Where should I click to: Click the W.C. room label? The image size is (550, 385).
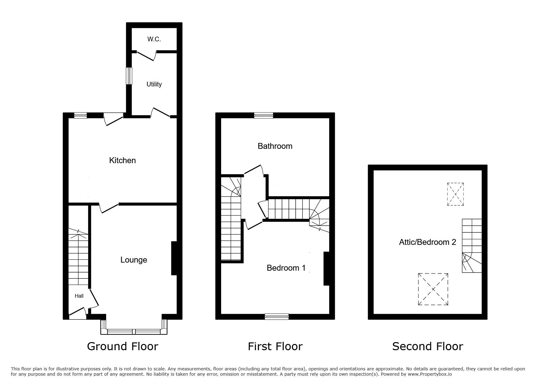[154, 39]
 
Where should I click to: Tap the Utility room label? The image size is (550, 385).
[154, 84]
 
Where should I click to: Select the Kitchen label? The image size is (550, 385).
[122, 160]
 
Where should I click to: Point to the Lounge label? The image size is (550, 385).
[134, 260]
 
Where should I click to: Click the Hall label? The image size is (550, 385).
[79, 296]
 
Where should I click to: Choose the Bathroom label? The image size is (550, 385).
[275, 146]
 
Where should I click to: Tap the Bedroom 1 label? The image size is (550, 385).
[286, 268]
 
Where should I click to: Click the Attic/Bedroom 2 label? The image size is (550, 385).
[427, 242]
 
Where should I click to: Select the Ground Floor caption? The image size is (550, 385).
[122, 346]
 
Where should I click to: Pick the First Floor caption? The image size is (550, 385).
[275, 346]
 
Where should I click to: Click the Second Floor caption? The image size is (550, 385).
[428, 346]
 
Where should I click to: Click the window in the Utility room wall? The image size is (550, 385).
[129, 76]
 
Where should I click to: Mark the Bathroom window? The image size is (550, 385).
[264, 115]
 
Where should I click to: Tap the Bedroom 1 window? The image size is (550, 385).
[277, 317]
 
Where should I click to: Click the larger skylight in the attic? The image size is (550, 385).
[433, 289]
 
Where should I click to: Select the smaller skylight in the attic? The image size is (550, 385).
[455, 194]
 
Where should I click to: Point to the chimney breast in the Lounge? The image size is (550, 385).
[174, 258]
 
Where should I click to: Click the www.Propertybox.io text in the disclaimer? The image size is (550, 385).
[430, 374]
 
